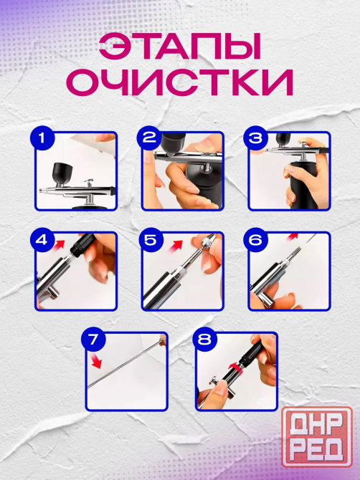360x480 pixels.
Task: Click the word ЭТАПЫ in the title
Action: click(180, 47)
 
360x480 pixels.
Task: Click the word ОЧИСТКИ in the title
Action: click(180, 82)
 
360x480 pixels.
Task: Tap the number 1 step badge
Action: click(42, 138)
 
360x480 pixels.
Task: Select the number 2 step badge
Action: click(149, 138)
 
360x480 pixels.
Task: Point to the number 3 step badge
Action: click(255, 138)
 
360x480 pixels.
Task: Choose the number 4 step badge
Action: click(42, 240)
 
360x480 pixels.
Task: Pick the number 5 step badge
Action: click(151, 240)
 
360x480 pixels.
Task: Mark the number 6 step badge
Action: click(255, 240)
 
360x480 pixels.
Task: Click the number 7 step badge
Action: click(93, 340)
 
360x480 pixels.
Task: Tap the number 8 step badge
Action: click(204, 340)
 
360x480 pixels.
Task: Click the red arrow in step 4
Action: click(58, 245)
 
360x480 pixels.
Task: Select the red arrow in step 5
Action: click(176, 246)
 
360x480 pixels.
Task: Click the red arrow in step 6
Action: click(293, 236)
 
